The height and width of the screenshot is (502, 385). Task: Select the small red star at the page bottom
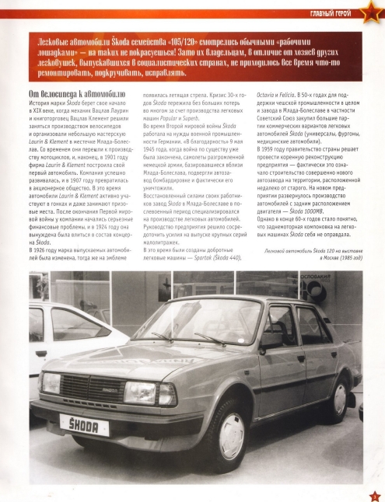click(x=373, y=492)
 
